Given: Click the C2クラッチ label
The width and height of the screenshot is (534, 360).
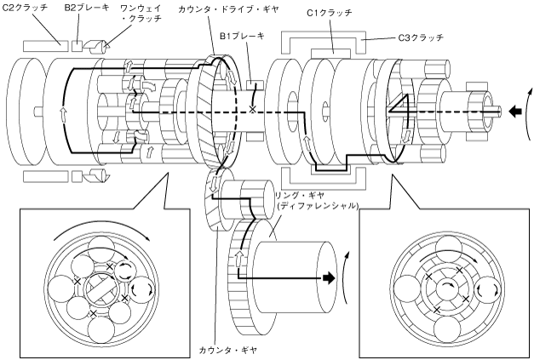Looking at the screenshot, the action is [26, 8].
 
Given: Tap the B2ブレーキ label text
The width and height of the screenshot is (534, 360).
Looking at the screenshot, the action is [87, 8].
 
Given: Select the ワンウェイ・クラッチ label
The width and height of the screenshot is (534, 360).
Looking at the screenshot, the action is [141, 13].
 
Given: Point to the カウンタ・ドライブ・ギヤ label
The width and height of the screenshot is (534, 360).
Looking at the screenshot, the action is [228, 9].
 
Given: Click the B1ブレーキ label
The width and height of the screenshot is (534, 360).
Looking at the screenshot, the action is [242, 36].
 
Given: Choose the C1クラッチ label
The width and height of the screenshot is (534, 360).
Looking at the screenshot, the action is [330, 14].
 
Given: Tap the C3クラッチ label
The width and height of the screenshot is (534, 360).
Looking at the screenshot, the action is [421, 37].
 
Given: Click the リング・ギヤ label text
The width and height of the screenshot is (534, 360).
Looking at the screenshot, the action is [300, 196].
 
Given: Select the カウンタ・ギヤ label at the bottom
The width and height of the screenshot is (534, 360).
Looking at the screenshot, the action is [228, 350].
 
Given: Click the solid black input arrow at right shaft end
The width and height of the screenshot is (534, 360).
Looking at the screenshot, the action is [515, 111].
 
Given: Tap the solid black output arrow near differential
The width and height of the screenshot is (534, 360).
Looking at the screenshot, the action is [329, 277].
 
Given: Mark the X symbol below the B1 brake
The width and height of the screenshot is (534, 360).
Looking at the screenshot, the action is [252, 109].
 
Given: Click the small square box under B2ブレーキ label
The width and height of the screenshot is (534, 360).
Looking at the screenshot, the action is [78, 46].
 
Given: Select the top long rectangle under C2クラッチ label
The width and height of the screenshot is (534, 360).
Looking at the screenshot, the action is [46, 46].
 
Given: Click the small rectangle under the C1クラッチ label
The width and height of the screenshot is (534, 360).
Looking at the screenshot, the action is [330, 53].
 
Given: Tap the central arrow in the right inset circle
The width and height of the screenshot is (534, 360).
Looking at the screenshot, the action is [447, 285].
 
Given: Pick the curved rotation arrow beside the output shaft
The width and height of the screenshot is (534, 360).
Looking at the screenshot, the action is [346, 277].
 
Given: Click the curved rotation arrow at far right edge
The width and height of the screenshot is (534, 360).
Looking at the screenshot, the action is [528, 113].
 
